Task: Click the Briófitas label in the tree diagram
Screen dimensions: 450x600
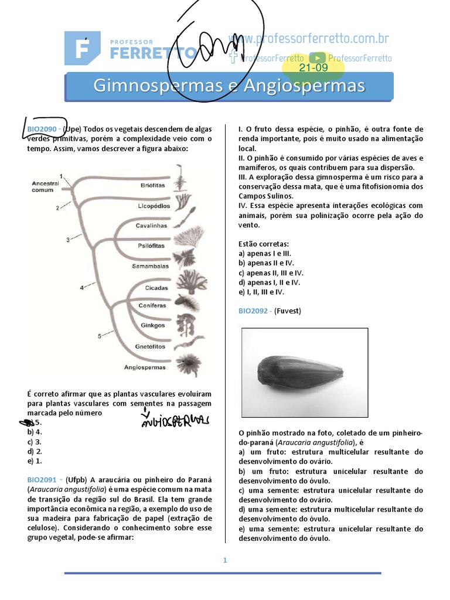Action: pos(153,185)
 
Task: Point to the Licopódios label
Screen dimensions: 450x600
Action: pos(154,206)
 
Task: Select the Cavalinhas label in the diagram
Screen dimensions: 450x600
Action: pos(151,226)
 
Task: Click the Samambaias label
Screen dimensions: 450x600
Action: pos(150,265)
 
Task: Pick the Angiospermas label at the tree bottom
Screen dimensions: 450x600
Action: pos(145,367)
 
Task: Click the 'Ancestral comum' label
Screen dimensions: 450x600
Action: pos(46,186)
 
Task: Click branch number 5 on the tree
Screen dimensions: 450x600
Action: pos(99,336)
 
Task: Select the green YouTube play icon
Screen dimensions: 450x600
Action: pos(318,57)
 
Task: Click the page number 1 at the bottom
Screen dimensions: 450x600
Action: pos(224,560)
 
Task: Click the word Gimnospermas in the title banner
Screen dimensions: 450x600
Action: pos(154,86)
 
